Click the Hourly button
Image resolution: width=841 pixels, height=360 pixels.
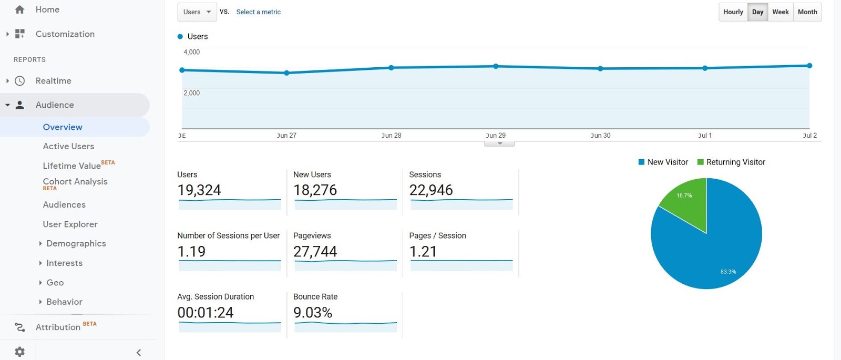(x=733, y=12)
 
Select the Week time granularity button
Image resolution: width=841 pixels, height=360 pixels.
(x=780, y=12)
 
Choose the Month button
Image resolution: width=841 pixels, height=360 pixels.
(x=807, y=12)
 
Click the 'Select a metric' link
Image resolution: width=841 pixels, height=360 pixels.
(x=258, y=12)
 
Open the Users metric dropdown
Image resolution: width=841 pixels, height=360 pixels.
(x=197, y=12)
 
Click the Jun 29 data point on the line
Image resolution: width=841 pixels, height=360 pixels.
(x=496, y=66)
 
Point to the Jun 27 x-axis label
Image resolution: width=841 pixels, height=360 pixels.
(x=286, y=136)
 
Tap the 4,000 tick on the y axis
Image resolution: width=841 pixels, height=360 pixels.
(x=191, y=52)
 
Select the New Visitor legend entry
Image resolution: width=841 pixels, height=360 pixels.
(x=667, y=162)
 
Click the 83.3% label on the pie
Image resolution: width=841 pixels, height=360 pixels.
(x=728, y=272)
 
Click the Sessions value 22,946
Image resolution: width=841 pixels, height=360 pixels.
(x=431, y=190)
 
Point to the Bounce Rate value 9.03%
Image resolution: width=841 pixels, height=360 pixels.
(x=313, y=313)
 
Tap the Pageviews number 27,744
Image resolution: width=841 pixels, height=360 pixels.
(x=315, y=252)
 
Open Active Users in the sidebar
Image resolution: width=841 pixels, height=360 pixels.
(x=68, y=147)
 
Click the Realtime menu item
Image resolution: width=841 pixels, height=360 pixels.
(x=53, y=81)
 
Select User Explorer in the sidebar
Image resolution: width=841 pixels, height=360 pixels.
(x=70, y=224)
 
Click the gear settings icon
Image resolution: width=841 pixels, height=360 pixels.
(x=19, y=352)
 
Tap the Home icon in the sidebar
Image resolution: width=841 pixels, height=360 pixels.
(x=19, y=9)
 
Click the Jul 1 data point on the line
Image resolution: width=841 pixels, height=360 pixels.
(x=705, y=68)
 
